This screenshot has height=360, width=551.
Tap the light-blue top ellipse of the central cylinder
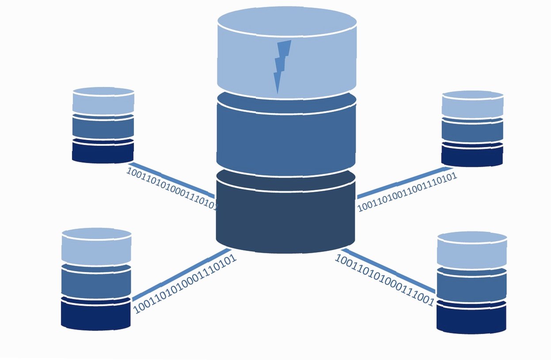(x=287, y=21)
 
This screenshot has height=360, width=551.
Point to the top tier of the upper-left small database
(x=103, y=101)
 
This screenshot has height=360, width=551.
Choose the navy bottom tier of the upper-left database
(x=103, y=152)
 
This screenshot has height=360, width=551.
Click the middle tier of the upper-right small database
(x=472, y=131)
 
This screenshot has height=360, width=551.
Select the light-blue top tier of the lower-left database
(x=96, y=246)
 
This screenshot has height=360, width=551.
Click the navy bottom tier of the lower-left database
(x=96, y=314)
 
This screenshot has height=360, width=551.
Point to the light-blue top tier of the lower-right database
(x=472, y=250)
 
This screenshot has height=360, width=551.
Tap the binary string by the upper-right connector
(x=407, y=192)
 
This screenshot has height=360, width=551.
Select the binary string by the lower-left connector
(x=185, y=284)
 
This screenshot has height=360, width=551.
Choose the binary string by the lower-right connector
(x=384, y=280)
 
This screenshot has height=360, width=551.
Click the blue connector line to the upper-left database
(x=171, y=180)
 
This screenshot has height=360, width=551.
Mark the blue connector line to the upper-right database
(x=405, y=183)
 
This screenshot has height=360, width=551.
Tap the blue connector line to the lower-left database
(x=182, y=275)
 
